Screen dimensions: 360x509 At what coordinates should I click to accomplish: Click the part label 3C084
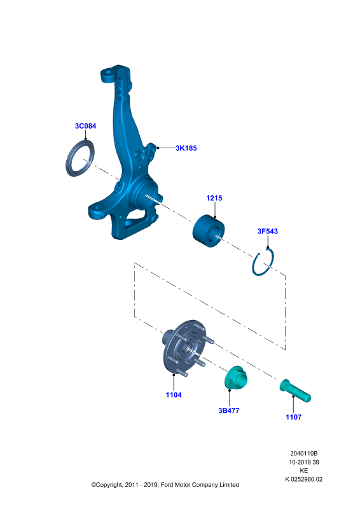pos(86,126)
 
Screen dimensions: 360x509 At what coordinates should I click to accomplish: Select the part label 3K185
pos(186,148)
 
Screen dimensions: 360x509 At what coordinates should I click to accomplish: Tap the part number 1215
pos(214,198)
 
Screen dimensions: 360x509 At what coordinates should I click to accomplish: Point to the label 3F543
pos(268,231)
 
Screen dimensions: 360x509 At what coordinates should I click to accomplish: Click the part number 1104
pos(174,394)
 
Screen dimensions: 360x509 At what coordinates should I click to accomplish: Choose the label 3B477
pos(229,410)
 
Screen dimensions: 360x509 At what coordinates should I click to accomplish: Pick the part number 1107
pos(294,417)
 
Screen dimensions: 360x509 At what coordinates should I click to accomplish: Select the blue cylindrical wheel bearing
pos(209,231)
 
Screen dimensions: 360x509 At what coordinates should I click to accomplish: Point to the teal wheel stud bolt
pos(295,391)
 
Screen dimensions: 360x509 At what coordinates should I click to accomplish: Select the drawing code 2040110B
pos(304,453)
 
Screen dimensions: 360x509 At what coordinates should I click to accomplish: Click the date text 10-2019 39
pos(304,462)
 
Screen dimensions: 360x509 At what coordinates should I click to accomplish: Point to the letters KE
pos(304,470)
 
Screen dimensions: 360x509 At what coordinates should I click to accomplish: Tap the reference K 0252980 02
pos(304,479)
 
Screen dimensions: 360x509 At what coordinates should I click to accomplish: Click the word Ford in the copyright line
pos(167,485)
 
